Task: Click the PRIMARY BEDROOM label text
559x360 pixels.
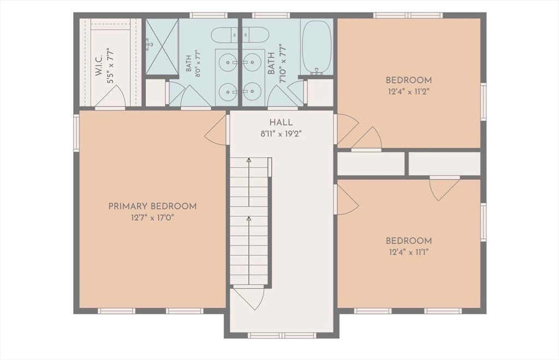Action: (152, 206)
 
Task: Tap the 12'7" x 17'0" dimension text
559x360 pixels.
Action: (152, 217)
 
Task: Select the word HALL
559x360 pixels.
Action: (281, 122)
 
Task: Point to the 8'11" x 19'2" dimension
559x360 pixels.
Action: (281, 134)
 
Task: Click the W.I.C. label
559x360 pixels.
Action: (99, 65)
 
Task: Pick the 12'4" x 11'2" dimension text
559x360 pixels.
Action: (408, 92)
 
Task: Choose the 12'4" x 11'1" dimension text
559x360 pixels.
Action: (408, 252)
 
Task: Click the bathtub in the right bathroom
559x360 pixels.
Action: (317, 48)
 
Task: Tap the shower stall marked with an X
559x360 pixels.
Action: (162, 46)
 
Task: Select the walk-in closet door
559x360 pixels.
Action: (110, 96)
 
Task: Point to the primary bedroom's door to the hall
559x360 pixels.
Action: (216, 129)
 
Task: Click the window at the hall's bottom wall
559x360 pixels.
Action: (282, 335)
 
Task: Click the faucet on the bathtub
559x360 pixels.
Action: (317, 72)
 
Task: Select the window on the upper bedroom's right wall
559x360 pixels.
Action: (484, 101)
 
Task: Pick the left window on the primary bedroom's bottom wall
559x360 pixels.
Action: (117, 311)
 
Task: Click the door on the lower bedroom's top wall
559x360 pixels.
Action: (444, 188)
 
